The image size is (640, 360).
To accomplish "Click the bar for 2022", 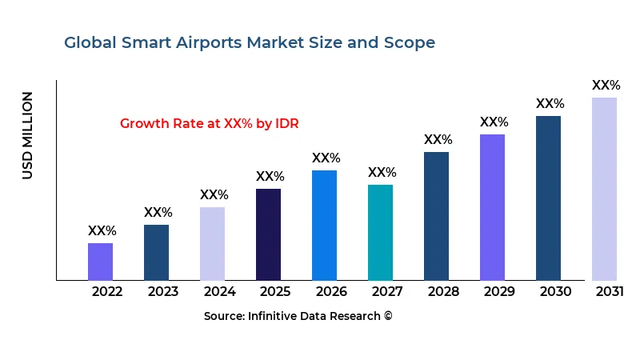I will coord(100,262).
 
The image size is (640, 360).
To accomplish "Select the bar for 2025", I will coord(268,234).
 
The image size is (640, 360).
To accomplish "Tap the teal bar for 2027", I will coord(380,232).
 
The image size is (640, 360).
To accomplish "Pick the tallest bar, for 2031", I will coord(604,189).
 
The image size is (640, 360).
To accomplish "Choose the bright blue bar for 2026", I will coord(324,225).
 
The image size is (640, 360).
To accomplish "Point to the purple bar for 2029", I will coord(492,207).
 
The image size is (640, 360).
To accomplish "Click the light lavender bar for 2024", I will coord(212,243).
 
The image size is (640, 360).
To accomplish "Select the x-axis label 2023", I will coord(163,292).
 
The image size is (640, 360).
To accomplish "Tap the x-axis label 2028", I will coord(443,292).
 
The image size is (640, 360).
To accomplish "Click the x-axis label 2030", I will coord(555,292).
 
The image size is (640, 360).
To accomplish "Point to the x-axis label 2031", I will coord(610,292).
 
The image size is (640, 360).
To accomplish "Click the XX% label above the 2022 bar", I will coord(102,231).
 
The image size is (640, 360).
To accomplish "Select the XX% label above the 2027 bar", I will coord(382,173).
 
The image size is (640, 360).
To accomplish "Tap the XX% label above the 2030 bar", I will coord(550,104).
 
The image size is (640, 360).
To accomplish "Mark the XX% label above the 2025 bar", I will coord(270,177).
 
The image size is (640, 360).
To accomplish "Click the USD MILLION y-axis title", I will coord(28,135).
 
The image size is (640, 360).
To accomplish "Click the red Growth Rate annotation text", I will coord(209,124).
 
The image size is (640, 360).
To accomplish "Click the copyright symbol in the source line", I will coord(388,317).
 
